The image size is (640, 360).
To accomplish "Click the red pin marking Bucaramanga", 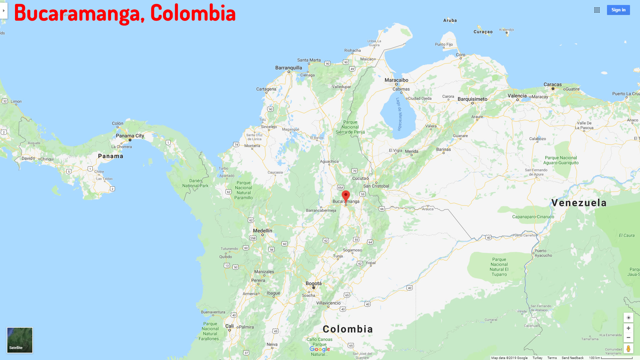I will point(346,195).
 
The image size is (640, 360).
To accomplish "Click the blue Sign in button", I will point(618,10).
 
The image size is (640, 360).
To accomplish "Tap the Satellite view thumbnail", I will point(20,340).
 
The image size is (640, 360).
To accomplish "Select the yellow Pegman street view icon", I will point(628,349).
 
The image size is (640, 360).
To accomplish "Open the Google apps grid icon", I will point(597,10).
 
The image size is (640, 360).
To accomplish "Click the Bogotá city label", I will point(314,284).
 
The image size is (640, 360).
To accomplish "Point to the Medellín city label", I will point(262,231).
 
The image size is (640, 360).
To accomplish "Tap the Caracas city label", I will point(552,85).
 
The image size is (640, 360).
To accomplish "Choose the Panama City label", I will point(130,136).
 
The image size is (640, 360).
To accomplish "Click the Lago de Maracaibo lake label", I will point(399,114).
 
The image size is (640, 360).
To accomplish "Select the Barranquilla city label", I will point(289,68).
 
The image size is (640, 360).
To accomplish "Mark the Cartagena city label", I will point(266,89).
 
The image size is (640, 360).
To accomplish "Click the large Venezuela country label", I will point(579,203).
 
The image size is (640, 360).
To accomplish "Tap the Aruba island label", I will point(450,20).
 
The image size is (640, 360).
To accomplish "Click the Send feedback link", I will point(572,358).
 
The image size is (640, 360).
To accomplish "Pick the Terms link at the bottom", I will point(552,358).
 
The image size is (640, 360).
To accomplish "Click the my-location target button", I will point(628,318).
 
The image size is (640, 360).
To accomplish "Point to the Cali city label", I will point(229,326).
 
